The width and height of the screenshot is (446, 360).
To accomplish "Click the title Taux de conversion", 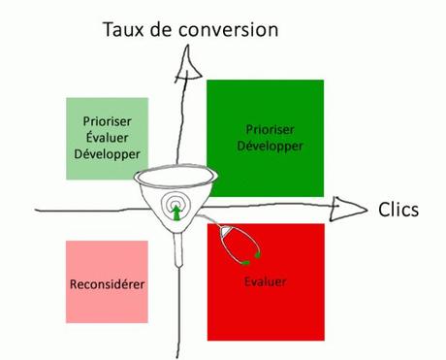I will point(190,28).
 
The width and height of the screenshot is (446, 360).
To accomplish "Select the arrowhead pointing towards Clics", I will point(345,206).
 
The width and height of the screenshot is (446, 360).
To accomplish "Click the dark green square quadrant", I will point(265,137).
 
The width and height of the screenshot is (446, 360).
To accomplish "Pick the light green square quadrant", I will point(108,138).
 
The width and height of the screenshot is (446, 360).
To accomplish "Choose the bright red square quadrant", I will point(265,281).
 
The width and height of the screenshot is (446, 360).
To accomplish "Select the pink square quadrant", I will point(108,281).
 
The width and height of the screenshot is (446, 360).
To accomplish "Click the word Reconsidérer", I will point(108,284).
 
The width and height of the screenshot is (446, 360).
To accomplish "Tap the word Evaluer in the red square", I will point(265,282).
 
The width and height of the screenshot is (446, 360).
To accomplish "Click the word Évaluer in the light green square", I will point(108,138).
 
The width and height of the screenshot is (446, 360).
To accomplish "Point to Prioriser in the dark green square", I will point(265,129).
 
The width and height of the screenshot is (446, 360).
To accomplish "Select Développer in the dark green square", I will point(265,146).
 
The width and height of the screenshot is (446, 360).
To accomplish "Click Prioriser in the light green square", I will point(108,122).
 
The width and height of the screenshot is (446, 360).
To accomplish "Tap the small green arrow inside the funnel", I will point(177,213).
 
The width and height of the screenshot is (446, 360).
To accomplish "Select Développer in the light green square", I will point(108,153).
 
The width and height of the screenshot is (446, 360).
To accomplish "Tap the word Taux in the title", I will point(124,28).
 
